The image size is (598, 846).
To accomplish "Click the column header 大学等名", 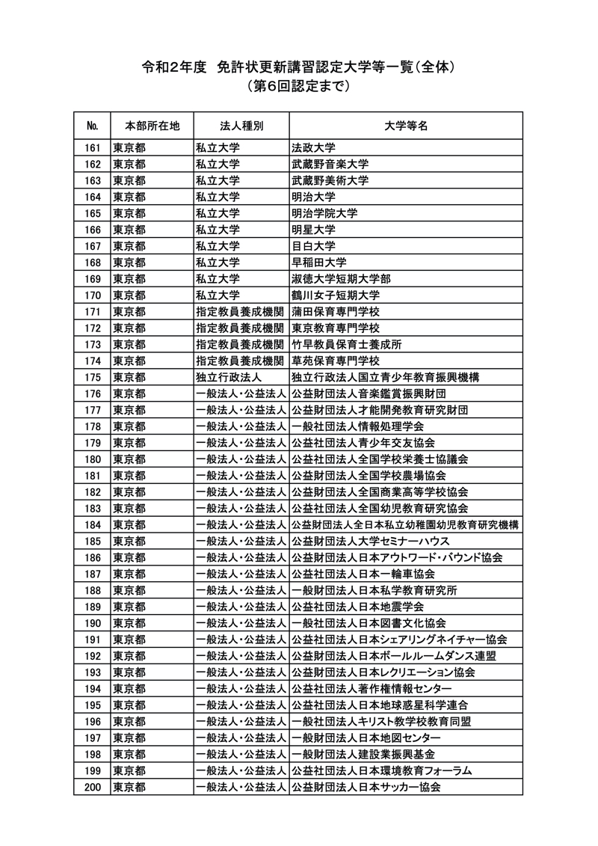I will (406, 125).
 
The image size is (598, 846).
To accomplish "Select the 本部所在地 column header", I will (152, 125).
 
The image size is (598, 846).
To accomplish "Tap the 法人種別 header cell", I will (241, 125).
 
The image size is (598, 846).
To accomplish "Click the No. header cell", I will (93, 125).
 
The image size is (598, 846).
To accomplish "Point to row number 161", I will (93, 147).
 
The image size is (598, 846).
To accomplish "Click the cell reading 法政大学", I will (313, 147).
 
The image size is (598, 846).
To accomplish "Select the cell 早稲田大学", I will (319, 263).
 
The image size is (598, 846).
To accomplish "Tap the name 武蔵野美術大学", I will (330, 180).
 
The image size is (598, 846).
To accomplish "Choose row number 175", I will (93, 377).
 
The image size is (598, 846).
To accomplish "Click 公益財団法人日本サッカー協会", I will (366, 787).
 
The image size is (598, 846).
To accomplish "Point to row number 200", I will (93, 787).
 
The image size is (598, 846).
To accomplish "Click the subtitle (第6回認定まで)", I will (298, 87).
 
